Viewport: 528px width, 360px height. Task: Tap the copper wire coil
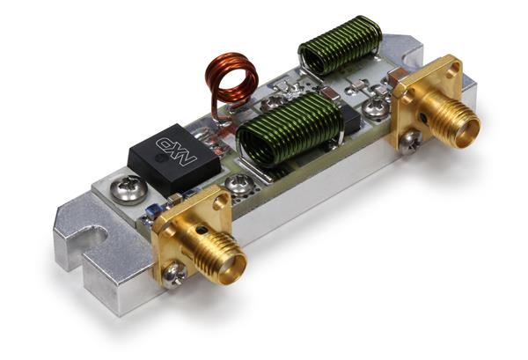coord(230,78)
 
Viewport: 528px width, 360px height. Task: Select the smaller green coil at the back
coord(340,45)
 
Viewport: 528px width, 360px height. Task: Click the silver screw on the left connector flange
coord(177,275)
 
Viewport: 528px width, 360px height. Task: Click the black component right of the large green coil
coord(349,121)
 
